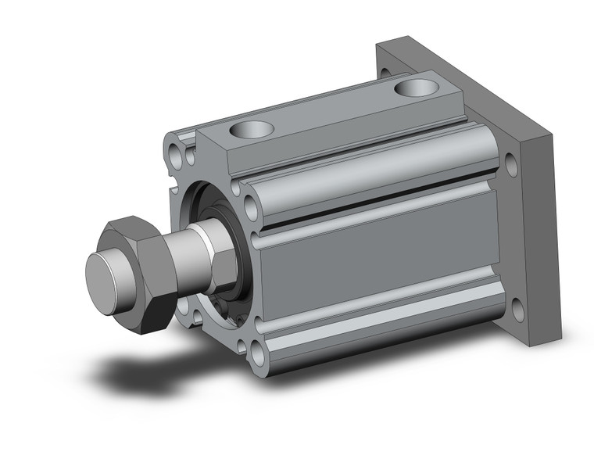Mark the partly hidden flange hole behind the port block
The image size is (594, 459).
(385, 74)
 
